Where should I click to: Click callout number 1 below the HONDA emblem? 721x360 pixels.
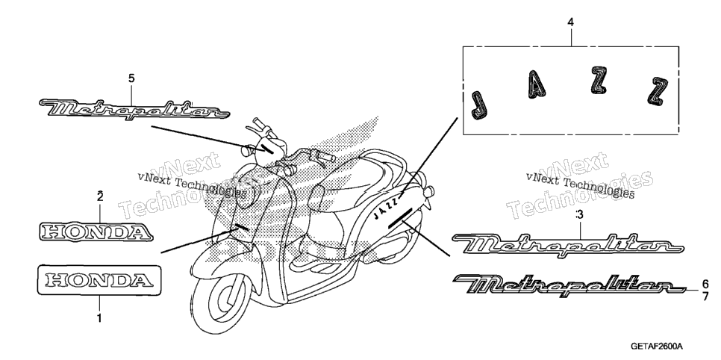tap(99, 317)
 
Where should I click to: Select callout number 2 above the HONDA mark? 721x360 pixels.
tap(100, 196)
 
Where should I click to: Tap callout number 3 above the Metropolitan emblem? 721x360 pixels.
tap(579, 214)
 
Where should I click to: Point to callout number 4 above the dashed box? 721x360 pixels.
tap(571, 22)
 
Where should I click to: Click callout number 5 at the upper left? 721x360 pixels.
tap(131, 78)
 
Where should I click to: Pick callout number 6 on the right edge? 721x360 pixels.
tap(705, 284)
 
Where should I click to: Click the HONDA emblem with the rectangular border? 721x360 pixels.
tap(99, 279)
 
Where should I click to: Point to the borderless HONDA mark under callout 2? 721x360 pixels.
tap(96, 232)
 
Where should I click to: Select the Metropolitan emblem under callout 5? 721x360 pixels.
tap(134, 110)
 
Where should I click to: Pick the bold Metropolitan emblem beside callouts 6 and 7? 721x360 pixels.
tap(570, 285)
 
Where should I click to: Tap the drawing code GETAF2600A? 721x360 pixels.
tap(657, 347)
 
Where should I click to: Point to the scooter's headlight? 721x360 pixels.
tap(247, 193)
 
